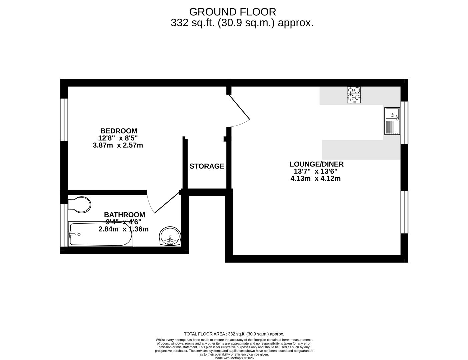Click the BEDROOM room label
click(119, 131)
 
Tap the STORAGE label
click(207, 166)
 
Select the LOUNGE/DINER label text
click(316, 164)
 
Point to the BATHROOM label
click(124, 215)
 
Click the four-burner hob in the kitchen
click(354, 94)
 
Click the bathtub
click(100, 234)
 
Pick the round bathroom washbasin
click(170, 236)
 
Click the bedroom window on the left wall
click(64, 119)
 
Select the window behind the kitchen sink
click(404, 122)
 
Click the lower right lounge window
click(404, 212)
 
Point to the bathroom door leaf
click(167, 202)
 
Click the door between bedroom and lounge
click(239, 107)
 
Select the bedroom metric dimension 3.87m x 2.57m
click(118, 145)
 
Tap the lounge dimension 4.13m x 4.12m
click(315, 178)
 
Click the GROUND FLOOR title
click(232, 12)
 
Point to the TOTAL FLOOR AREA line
click(234, 334)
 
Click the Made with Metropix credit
click(234, 358)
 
